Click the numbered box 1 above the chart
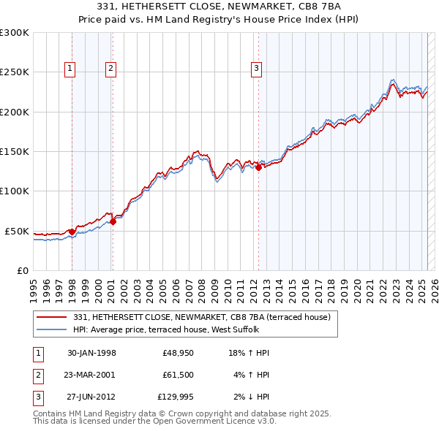pyautogui.click(x=70, y=69)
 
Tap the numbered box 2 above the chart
pyautogui.click(x=110, y=69)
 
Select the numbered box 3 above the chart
pyautogui.click(x=257, y=69)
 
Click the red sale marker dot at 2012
pyautogui.click(x=259, y=167)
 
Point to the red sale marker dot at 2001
pyautogui.click(x=113, y=221)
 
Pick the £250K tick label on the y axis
pyautogui.click(x=15, y=72)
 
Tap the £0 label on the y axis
pyautogui.click(x=23, y=270)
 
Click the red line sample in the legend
pyautogui.click(x=52, y=317)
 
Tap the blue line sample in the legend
pyautogui.click(x=52, y=329)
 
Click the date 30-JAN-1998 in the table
pyautogui.click(x=91, y=353)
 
